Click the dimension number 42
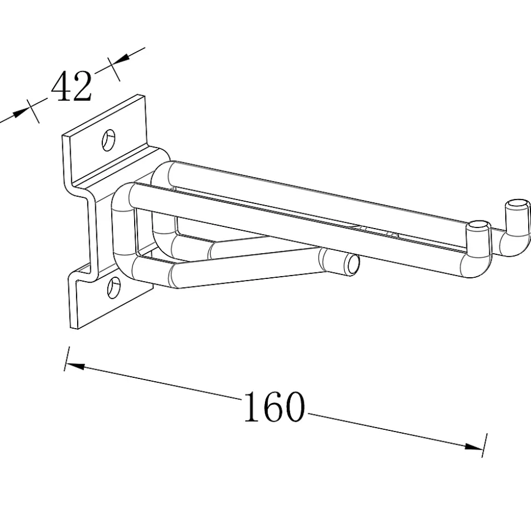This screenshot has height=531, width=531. (x=71, y=86)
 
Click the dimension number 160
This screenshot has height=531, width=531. (x=274, y=406)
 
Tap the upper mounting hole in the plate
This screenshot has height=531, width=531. (x=108, y=139)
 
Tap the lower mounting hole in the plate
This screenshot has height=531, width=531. (x=114, y=287)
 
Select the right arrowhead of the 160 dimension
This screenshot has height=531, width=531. (x=474, y=446)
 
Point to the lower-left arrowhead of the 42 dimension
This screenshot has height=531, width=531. (x=20, y=113)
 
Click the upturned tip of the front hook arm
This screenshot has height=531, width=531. (x=478, y=226)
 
